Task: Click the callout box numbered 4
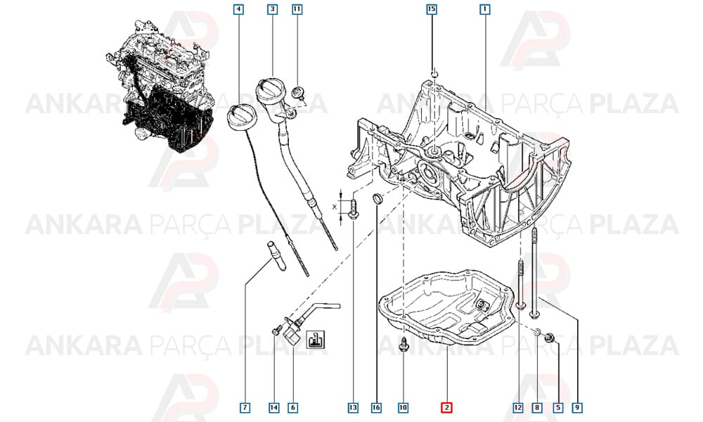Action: click(x=239, y=9)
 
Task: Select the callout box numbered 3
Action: click(x=272, y=9)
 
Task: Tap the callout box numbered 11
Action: click(x=297, y=9)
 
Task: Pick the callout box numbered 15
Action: click(x=432, y=9)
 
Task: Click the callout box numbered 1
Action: click(x=484, y=9)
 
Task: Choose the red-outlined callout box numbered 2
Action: click(x=446, y=407)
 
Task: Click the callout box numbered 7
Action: click(x=245, y=407)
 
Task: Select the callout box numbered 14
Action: click(x=274, y=407)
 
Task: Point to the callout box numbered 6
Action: click(x=292, y=407)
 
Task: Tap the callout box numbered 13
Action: click(x=354, y=407)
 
